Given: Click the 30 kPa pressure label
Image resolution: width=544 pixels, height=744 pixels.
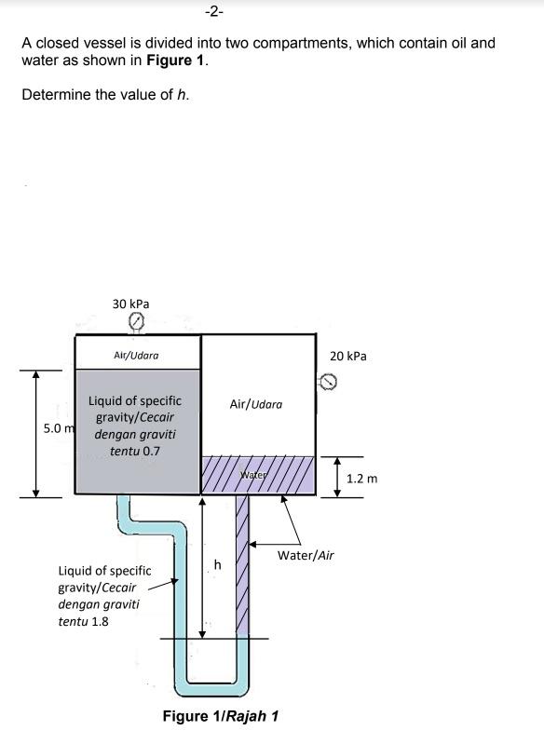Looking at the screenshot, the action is coord(130,304).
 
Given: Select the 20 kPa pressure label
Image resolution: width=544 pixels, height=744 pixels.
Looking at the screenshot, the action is coord(348,357).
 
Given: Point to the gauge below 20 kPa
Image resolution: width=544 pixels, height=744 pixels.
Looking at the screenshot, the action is coord(328,382).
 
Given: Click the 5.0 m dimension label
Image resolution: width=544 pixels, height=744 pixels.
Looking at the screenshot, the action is coord(59,428).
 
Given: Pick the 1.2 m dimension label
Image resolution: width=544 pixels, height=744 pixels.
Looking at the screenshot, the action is coord(361,479).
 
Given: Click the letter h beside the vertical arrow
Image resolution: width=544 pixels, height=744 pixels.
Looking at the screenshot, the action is coord(217,564).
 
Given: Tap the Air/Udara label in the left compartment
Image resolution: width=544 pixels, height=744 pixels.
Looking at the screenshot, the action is coord(136,356).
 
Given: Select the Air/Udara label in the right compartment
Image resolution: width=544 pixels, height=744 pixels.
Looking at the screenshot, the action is coord(256,404).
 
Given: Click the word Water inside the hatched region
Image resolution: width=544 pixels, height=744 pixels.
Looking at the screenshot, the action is coord(254,475).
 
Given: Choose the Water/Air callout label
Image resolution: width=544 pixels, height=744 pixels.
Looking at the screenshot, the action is coord(306,555).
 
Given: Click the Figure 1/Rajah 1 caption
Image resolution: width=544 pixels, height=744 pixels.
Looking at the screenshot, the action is coord(220,716).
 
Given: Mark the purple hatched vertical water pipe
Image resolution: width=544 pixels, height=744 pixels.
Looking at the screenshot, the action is coord(242,565).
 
